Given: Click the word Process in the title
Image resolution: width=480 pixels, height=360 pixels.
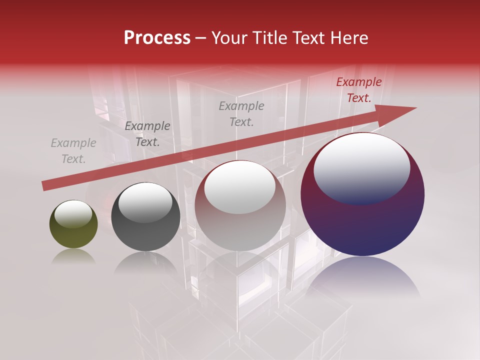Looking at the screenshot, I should click(x=157, y=38).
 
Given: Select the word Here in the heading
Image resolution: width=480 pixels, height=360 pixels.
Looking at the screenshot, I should click(x=347, y=38).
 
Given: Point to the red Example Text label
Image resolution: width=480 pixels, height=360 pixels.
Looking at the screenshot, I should click(x=358, y=90).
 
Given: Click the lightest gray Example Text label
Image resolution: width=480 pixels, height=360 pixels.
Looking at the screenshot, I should click(x=73, y=151).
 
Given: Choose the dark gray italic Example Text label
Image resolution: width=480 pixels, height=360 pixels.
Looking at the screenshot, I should click(x=147, y=134).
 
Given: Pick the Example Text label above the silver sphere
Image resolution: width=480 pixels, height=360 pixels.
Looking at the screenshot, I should click(x=241, y=113).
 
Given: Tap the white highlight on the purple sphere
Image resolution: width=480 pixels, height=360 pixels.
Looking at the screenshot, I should click(x=362, y=167).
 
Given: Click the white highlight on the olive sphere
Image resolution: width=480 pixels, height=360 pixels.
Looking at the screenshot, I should click(x=73, y=213).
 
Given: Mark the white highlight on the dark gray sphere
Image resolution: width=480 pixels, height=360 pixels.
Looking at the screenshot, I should click(x=145, y=202).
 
